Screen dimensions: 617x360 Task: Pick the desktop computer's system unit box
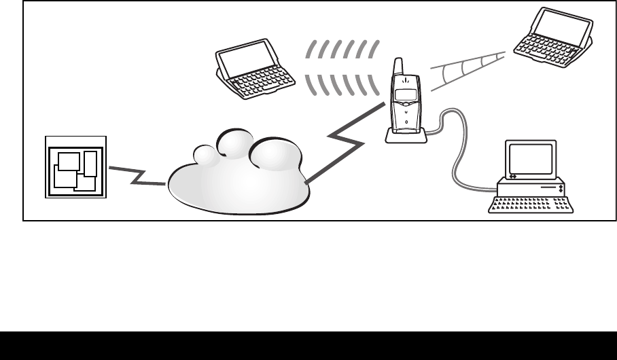coord(531,185)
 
